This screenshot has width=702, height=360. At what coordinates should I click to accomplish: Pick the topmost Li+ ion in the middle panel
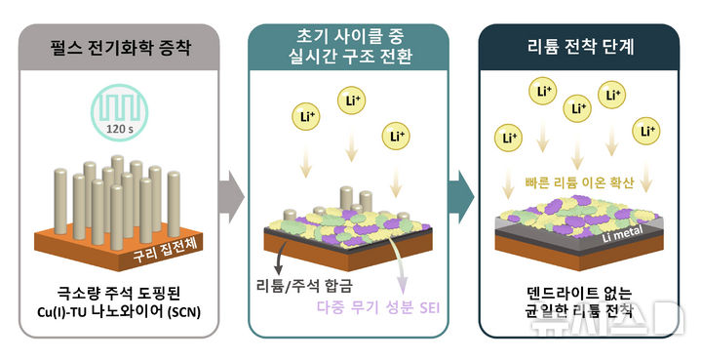(x=352, y=100)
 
